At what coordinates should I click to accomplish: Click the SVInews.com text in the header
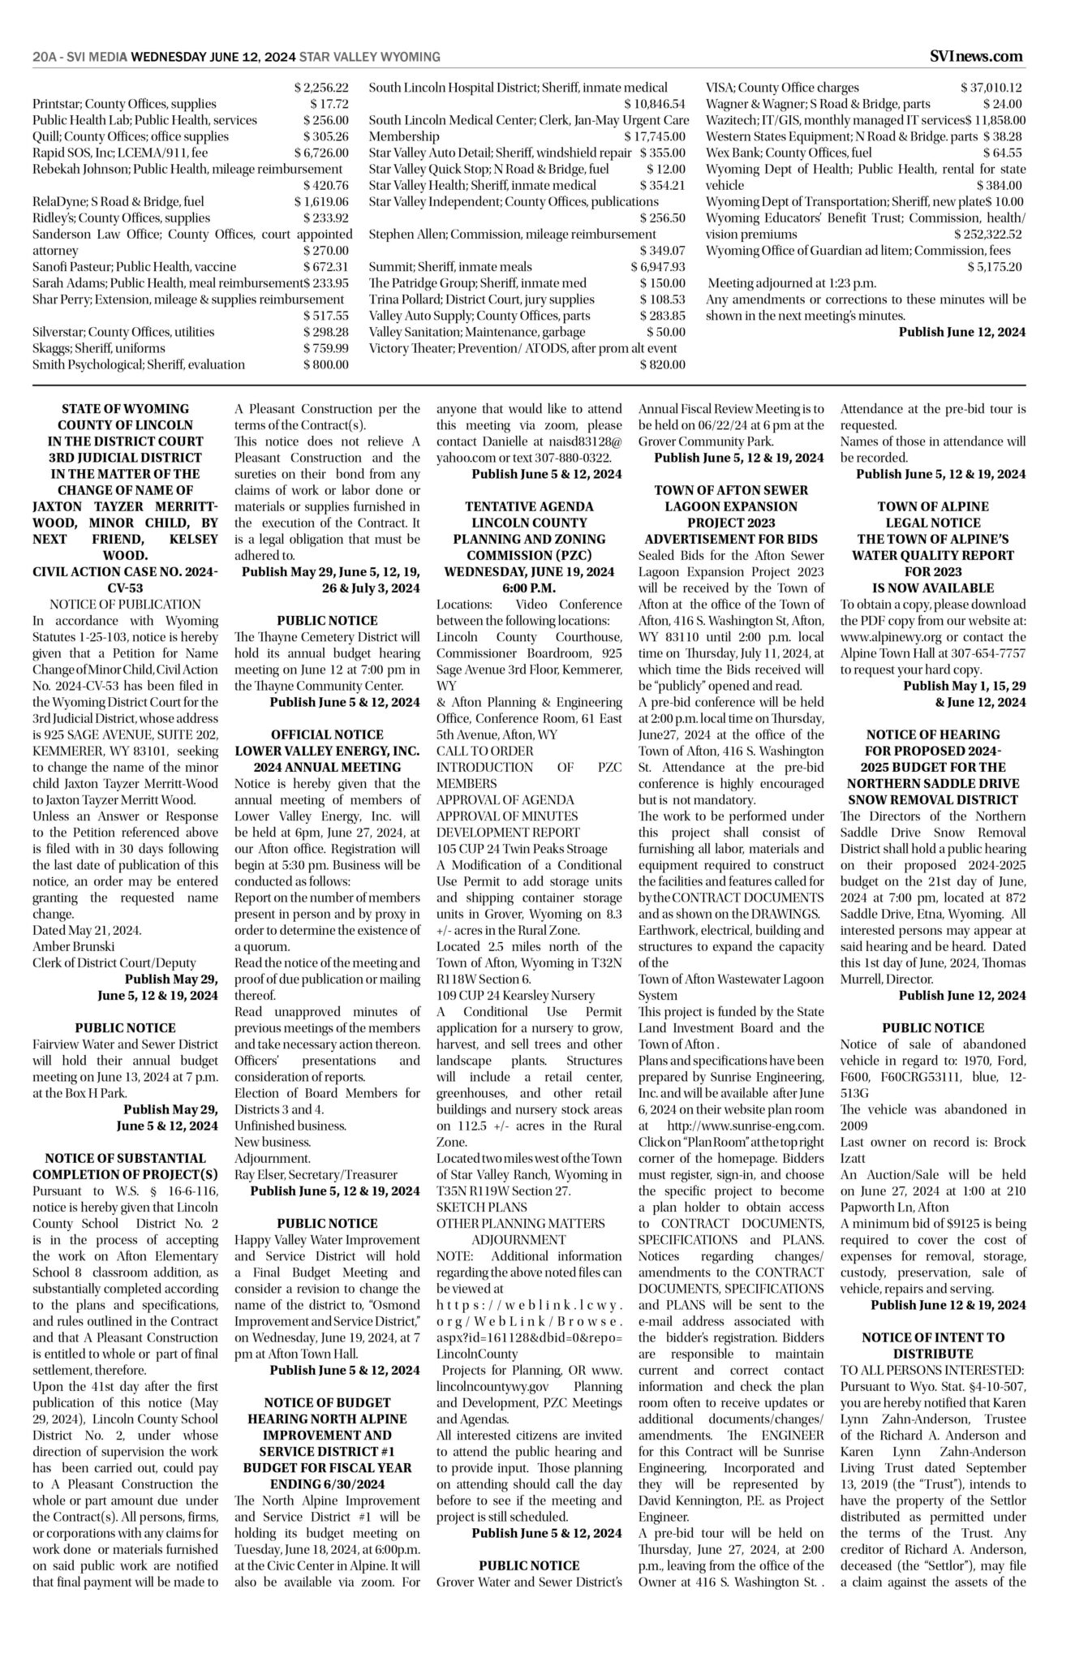pos(976,56)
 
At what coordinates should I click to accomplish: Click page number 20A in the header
pos(43,57)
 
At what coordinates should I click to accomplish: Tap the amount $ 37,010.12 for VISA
pos(991,88)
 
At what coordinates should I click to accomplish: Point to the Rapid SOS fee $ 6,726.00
pos(321,153)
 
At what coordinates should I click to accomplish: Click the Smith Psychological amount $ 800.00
pos(326,364)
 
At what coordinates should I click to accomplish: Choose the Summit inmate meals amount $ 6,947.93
pos(657,267)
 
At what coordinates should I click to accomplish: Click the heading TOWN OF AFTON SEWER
pos(731,490)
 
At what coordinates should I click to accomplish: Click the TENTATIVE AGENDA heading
pos(529,506)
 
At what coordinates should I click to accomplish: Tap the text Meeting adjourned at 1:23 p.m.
pos(792,283)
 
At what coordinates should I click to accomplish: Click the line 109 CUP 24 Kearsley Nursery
pos(515,996)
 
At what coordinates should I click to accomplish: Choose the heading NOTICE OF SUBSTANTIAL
pos(125,1158)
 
